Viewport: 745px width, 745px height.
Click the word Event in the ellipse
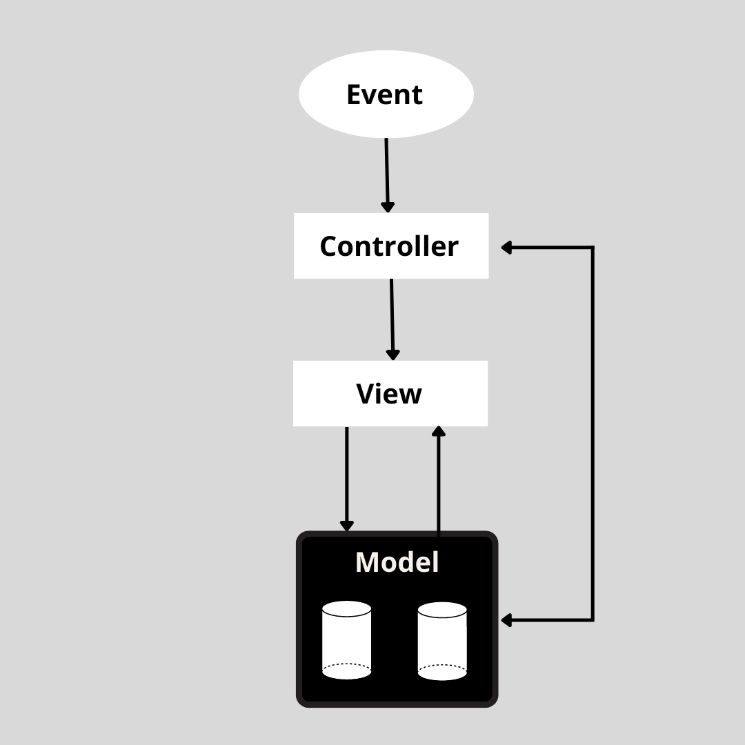(384, 95)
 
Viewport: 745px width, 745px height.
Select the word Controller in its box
(389, 246)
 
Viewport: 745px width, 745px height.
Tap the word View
(389, 393)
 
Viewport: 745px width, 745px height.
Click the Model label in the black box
(397, 562)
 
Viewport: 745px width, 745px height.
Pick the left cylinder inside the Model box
(346, 640)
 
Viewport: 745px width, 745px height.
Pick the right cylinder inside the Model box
(442, 641)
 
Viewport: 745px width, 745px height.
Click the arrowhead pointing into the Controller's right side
(506, 248)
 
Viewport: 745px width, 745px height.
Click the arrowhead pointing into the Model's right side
(506, 620)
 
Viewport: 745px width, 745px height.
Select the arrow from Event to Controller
(387, 172)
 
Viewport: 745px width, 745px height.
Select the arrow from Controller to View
(392, 317)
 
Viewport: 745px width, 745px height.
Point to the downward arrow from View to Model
(346, 476)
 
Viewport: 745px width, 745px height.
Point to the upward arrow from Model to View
(438, 483)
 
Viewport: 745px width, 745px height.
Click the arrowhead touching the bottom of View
(438, 432)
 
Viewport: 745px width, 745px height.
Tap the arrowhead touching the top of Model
(346, 526)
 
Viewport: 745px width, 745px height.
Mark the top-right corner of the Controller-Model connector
(593, 248)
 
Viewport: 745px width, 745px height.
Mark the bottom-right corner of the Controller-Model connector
(593, 620)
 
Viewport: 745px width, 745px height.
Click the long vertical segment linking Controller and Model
(593, 435)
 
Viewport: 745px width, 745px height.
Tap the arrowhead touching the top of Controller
(388, 207)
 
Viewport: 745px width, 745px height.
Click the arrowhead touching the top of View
(393, 355)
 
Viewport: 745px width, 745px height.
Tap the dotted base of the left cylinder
(346, 667)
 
